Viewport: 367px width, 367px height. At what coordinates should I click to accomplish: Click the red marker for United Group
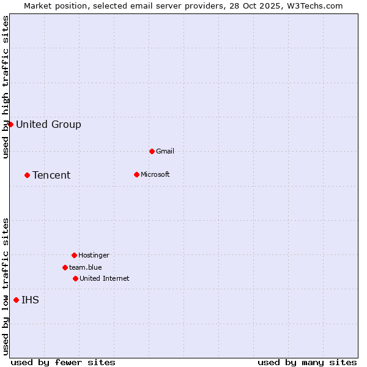(x=10, y=124)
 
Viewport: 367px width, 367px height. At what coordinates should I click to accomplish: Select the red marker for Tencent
(x=27, y=175)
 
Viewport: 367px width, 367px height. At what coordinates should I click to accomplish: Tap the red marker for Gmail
(x=152, y=151)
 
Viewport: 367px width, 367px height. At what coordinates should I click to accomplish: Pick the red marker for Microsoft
(x=136, y=174)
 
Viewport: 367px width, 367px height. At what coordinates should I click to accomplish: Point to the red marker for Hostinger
(x=74, y=255)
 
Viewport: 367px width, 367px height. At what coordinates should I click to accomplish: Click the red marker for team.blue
(x=65, y=267)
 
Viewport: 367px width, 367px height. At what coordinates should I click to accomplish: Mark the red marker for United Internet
(x=75, y=278)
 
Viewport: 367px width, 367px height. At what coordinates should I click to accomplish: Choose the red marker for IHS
(x=16, y=300)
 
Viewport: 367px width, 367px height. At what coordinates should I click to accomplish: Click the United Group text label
(x=48, y=125)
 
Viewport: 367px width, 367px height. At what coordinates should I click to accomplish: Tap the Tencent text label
(x=51, y=176)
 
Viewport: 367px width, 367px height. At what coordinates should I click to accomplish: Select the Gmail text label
(x=165, y=151)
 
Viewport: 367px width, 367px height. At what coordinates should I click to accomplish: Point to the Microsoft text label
(x=155, y=174)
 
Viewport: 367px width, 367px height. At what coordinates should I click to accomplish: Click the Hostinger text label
(x=94, y=255)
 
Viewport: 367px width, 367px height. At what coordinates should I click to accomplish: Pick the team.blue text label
(x=86, y=267)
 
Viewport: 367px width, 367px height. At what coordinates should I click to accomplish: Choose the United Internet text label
(x=105, y=278)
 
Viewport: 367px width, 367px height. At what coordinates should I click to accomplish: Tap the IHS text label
(x=30, y=300)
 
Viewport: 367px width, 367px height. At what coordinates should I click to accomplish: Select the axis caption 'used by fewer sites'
(x=63, y=362)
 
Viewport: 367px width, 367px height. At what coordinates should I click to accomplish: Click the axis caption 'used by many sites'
(x=307, y=362)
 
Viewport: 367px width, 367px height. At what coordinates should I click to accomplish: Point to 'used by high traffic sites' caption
(x=6, y=87)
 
